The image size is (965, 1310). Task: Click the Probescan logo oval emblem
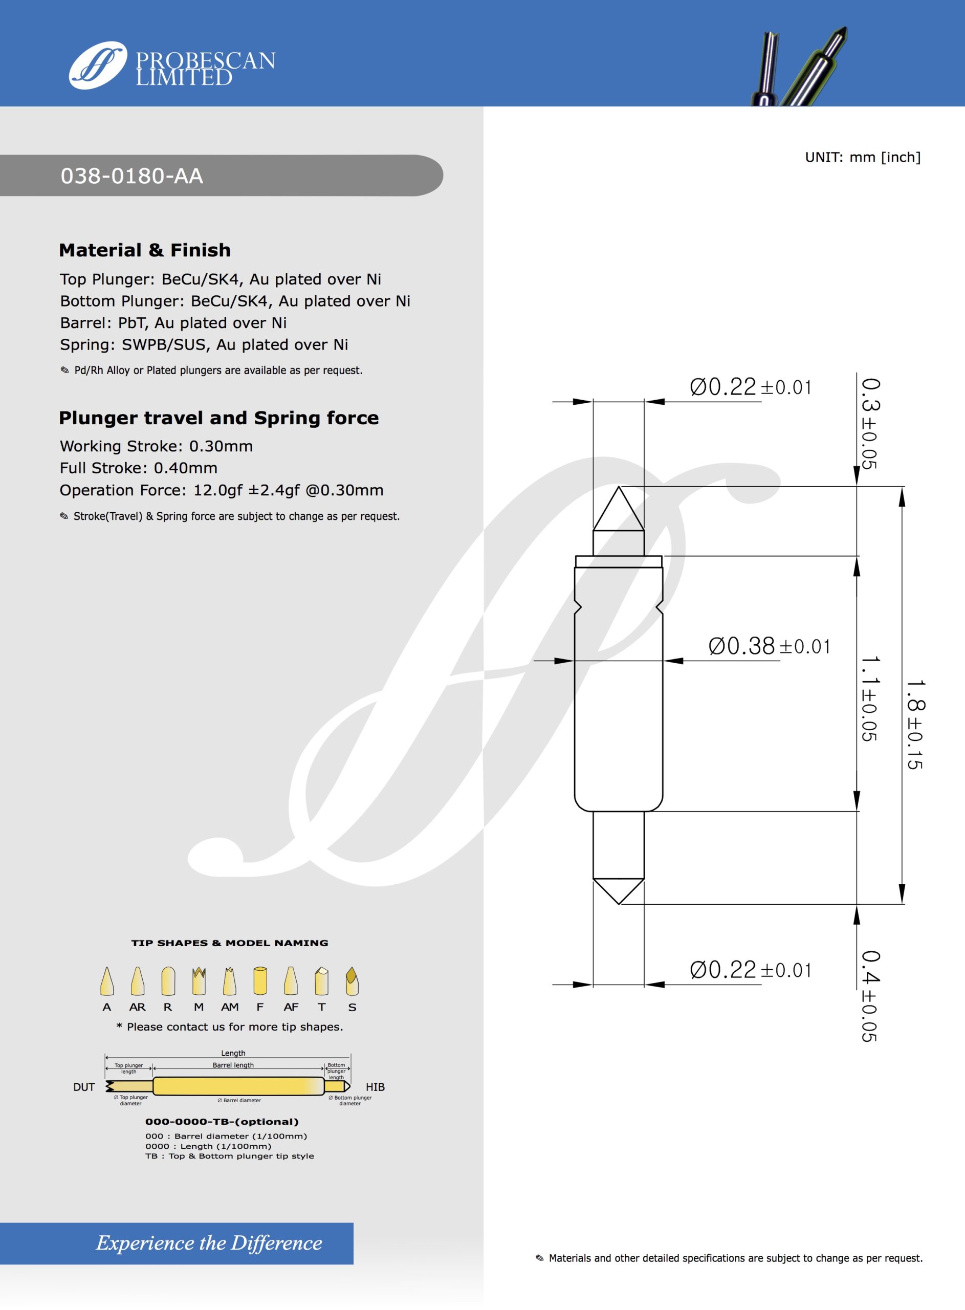98,65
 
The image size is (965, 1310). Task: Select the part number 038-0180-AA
132,176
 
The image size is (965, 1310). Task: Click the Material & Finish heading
145,250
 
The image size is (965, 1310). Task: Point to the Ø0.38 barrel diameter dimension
769,646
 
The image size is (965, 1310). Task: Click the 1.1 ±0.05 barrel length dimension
870,698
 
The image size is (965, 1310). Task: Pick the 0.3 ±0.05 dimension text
870,423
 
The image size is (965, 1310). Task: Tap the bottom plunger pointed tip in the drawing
619,891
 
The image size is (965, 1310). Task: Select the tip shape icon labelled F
260,981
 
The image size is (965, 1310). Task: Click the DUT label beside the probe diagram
84,1087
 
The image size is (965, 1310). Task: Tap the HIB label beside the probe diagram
375,1087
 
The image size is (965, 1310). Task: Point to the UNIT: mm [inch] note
862,157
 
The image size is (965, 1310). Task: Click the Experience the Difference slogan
209,1243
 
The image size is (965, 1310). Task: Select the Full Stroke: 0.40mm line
139,468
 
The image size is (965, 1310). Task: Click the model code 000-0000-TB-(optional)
222,1122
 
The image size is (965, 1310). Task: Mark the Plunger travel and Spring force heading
218,418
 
